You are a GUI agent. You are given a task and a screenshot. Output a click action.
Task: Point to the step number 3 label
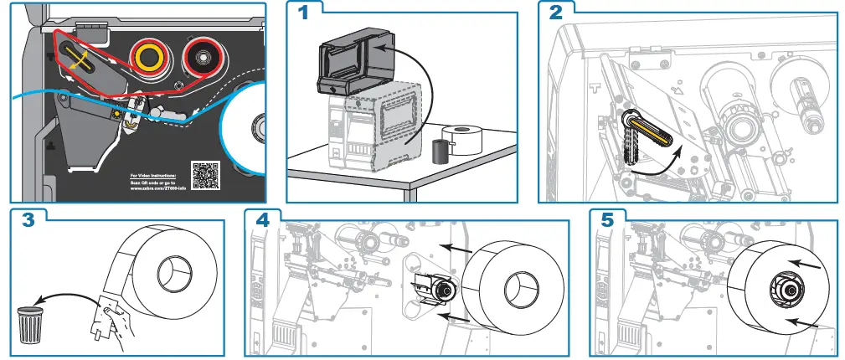[27, 220]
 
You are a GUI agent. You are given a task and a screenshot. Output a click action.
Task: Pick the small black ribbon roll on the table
[441, 151]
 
